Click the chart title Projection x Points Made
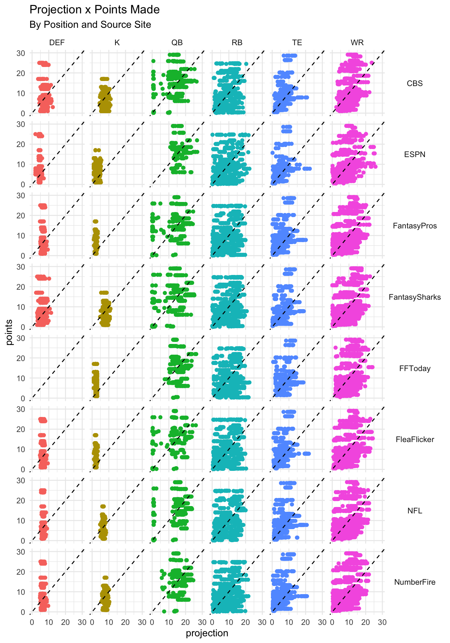click(94, 10)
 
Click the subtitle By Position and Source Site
click(90, 25)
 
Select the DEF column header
click(57, 43)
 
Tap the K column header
click(117, 43)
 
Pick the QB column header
click(177, 43)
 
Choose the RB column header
click(237, 43)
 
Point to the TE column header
click(297, 43)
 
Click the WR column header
click(357, 43)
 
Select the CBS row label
click(415, 83)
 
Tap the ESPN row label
click(415, 154)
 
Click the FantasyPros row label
click(415, 226)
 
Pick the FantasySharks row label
click(415, 297)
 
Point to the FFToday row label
click(415, 368)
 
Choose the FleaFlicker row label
click(415, 439)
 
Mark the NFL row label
click(415, 511)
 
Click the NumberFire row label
click(415, 582)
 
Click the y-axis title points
click(9, 332)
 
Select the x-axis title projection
click(207, 633)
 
